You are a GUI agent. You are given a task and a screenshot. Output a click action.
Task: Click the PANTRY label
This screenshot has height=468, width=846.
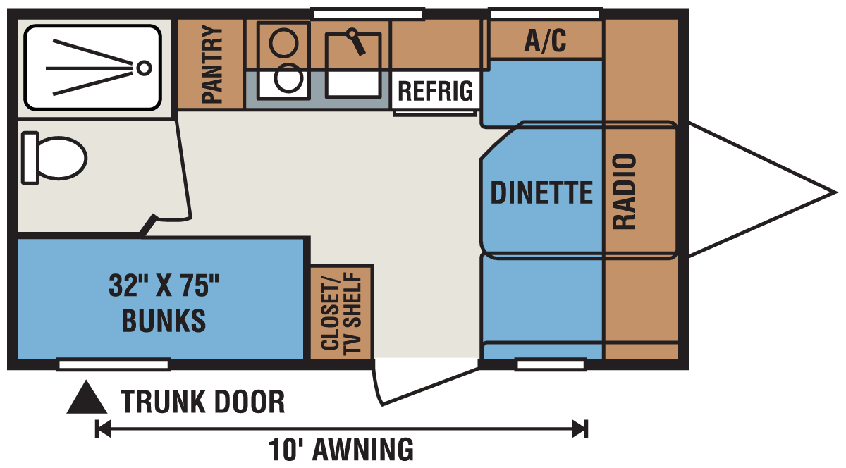click(212, 64)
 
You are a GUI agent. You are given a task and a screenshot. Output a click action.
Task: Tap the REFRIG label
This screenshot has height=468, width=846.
click(436, 91)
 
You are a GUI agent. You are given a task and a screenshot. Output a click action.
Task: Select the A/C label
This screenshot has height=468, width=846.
click(545, 40)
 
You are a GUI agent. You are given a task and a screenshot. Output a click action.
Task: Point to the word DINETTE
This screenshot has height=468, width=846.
click(541, 192)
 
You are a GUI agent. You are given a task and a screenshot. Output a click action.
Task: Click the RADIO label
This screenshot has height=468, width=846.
click(625, 191)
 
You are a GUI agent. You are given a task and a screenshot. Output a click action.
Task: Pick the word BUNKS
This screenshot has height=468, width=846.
click(164, 320)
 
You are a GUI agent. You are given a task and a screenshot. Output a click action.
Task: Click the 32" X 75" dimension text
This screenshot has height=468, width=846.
click(164, 285)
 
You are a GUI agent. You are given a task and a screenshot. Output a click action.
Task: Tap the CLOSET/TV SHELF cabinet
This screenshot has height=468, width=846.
click(341, 312)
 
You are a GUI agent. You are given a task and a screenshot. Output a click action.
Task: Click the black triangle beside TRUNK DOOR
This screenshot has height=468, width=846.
click(87, 398)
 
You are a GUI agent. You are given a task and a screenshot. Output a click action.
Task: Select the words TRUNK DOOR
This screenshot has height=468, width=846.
click(202, 402)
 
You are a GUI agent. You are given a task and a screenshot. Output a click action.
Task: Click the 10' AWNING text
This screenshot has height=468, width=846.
click(341, 450)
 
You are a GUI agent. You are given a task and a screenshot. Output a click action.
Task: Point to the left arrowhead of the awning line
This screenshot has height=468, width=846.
click(103, 429)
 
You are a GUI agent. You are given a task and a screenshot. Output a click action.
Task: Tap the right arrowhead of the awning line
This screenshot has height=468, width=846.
click(580, 429)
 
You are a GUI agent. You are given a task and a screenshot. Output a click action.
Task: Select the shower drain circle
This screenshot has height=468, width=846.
click(144, 68)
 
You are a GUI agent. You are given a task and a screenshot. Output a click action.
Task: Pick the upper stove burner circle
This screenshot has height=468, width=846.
click(283, 44)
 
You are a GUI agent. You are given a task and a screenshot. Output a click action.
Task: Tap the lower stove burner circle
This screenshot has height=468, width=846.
click(288, 78)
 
